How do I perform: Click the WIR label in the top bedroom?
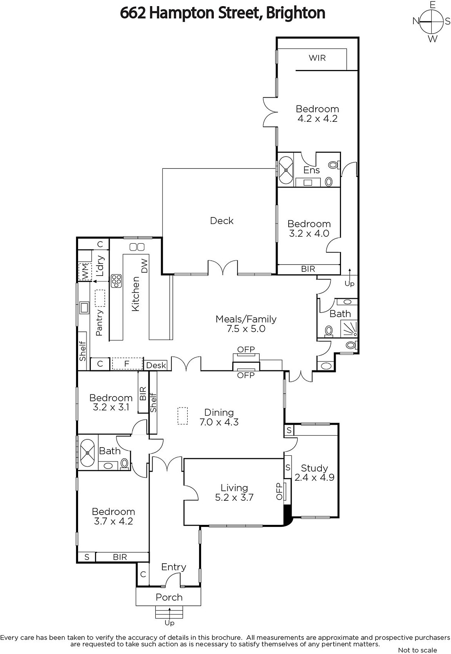317,58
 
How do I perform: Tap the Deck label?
222,220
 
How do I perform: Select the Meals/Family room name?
246,319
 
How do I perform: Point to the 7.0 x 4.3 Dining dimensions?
219,422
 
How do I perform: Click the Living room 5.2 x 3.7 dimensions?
234,497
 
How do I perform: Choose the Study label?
314,468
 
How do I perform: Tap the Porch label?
169,597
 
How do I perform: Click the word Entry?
173,567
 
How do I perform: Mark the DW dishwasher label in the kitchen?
145,266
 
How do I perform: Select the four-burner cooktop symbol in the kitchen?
116,281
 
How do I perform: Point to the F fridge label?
127,364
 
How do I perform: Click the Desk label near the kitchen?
156,365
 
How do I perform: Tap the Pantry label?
99,323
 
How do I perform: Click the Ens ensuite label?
312,170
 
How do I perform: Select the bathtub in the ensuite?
286,170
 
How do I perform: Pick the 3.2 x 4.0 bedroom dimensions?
309,233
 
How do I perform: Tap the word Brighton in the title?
296,13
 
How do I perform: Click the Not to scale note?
417,650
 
